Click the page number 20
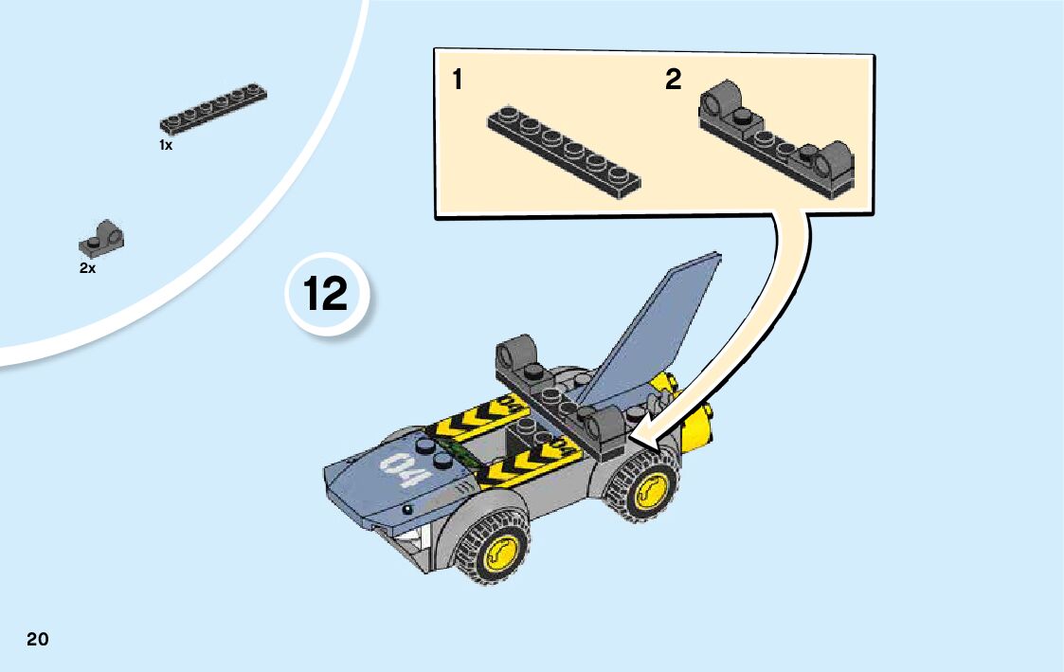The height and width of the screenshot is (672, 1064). [38, 639]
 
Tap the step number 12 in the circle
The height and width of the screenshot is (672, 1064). [326, 293]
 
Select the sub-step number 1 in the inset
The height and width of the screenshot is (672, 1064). [458, 80]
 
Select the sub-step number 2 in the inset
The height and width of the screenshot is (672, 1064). [673, 80]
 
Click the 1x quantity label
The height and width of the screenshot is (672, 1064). [166, 145]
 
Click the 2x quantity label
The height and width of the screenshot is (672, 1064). [87, 268]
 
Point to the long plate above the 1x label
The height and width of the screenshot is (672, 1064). [213, 109]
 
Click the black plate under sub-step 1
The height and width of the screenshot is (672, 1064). [564, 152]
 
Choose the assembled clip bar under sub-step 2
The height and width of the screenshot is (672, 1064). [776, 140]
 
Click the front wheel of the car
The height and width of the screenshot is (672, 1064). [496, 547]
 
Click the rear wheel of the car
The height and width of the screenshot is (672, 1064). [642, 486]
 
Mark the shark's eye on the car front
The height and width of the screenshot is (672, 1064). [407, 509]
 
